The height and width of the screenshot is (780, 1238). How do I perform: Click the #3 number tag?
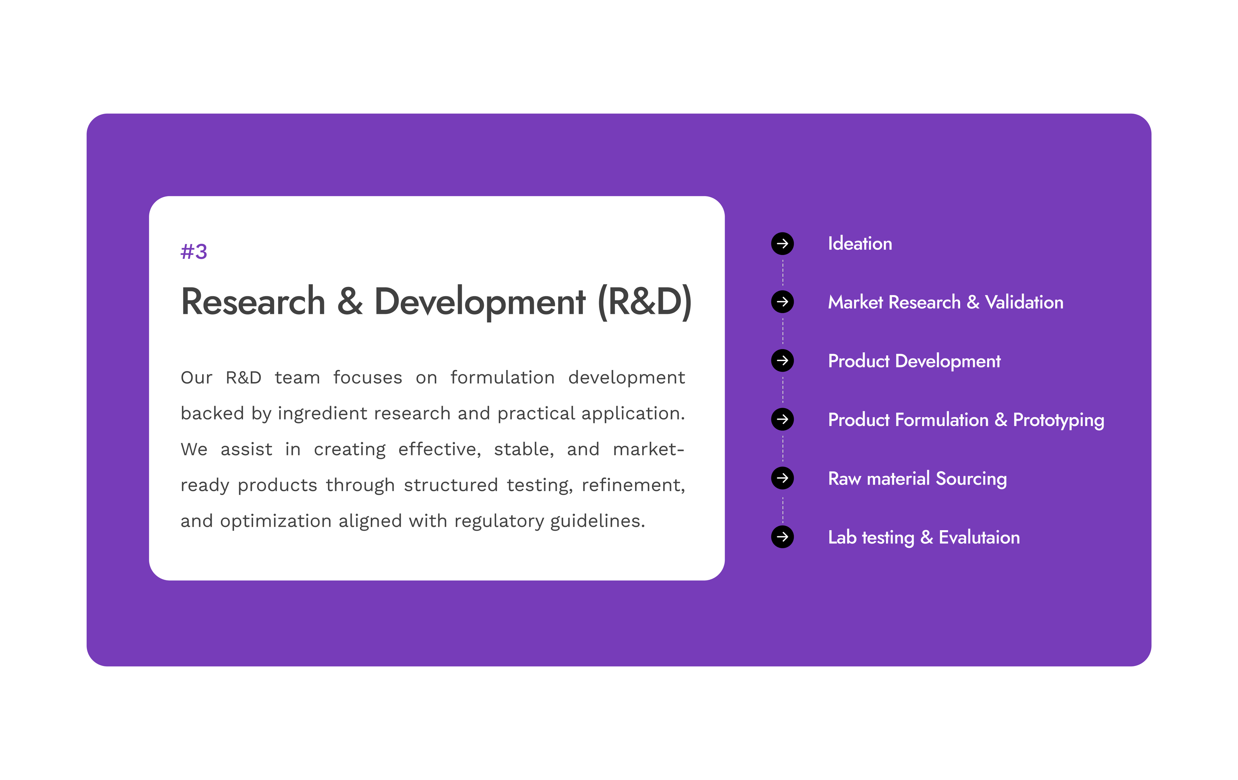pyautogui.click(x=194, y=252)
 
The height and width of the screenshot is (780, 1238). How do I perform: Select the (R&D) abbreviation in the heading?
pyautogui.click(x=645, y=302)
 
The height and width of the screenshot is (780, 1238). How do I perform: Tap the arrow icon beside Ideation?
pyautogui.click(x=782, y=243)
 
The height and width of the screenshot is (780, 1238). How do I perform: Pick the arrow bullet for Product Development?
pyautogui.click(x=782, y=361)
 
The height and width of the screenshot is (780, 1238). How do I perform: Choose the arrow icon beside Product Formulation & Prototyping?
pyautogui.click(x=782, y=419)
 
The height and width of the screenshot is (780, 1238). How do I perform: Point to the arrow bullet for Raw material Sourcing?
pyautogui.click(x=782, y=478)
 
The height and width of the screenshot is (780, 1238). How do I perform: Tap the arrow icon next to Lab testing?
pyautogui.click(x=782, y=537)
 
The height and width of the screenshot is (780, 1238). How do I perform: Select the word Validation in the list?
pyautogui.click(x=1024, y=302)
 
